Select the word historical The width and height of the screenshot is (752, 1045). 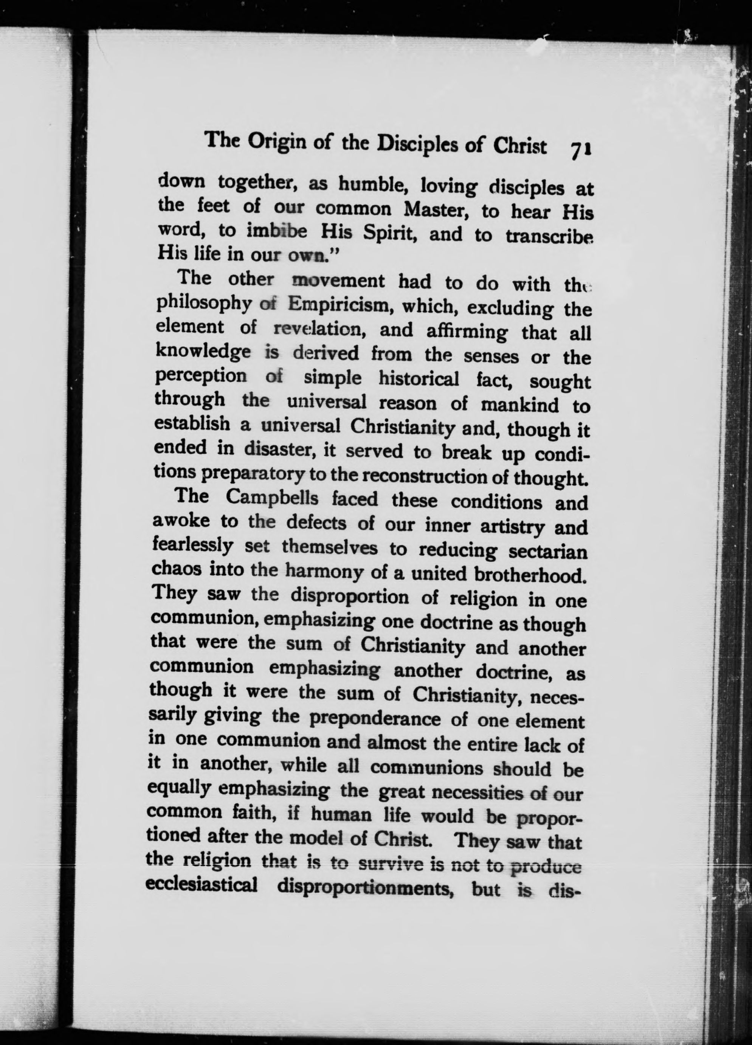point(419,378)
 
